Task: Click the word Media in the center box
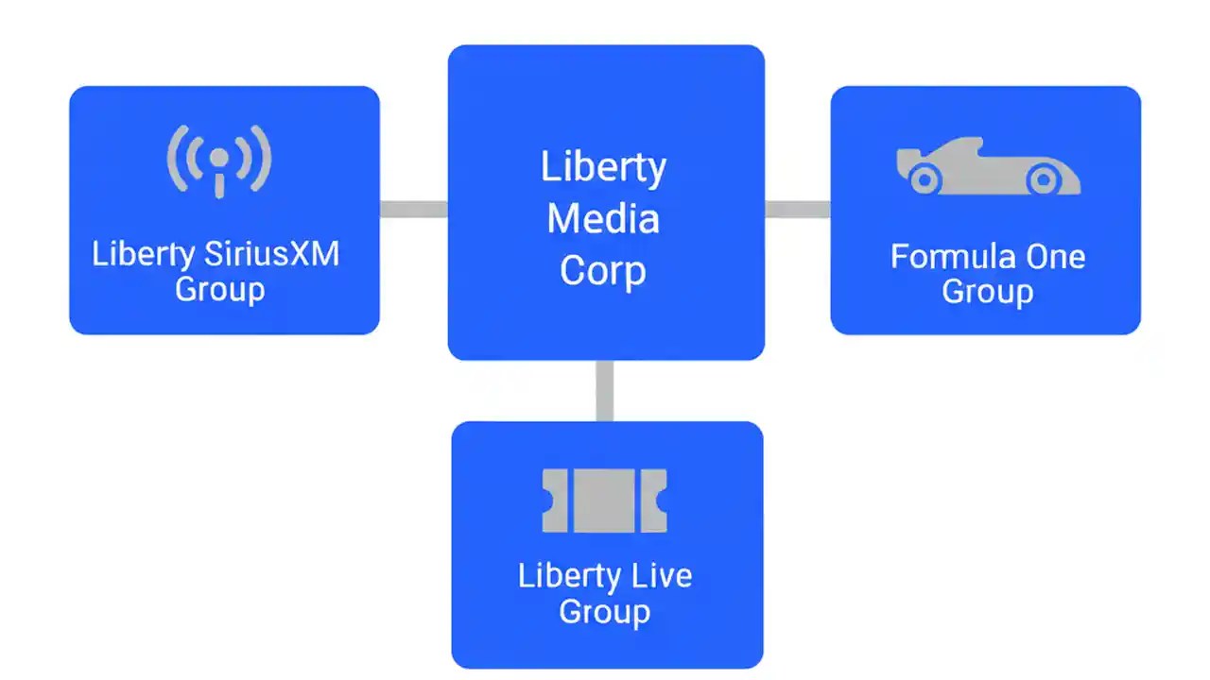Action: [603, 219]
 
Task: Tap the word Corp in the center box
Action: [603, 271]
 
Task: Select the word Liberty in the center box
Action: [603, 167]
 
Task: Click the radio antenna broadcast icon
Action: [219, 161]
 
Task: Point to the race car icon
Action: [988, 167]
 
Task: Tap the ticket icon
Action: [605, 500]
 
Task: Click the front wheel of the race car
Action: [1042, 178]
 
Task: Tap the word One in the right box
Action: [1055, 257]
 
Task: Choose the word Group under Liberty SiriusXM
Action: [219, 288]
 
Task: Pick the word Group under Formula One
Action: [987, 292]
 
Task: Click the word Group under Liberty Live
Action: [604, 611]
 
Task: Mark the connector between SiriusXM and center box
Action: [413, 209]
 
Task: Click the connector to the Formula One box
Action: [797, 209]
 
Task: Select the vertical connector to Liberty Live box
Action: [605, 390]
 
